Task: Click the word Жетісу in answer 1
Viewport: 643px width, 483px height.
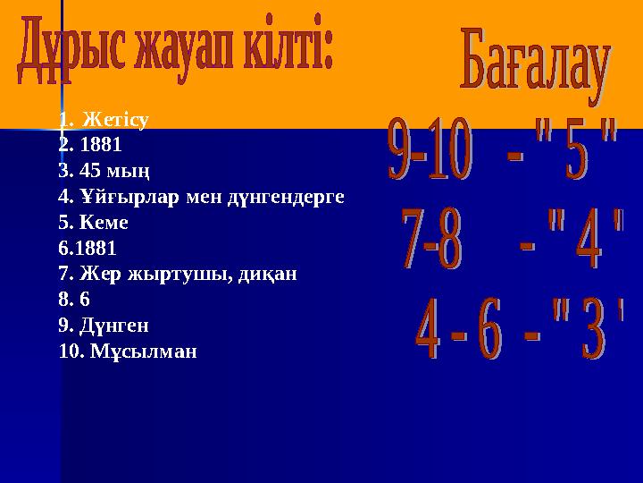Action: [x=113, y=119]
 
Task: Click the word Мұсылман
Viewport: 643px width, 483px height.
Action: [x=144, y=351]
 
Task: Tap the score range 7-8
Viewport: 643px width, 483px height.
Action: [x=432, y=239]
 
